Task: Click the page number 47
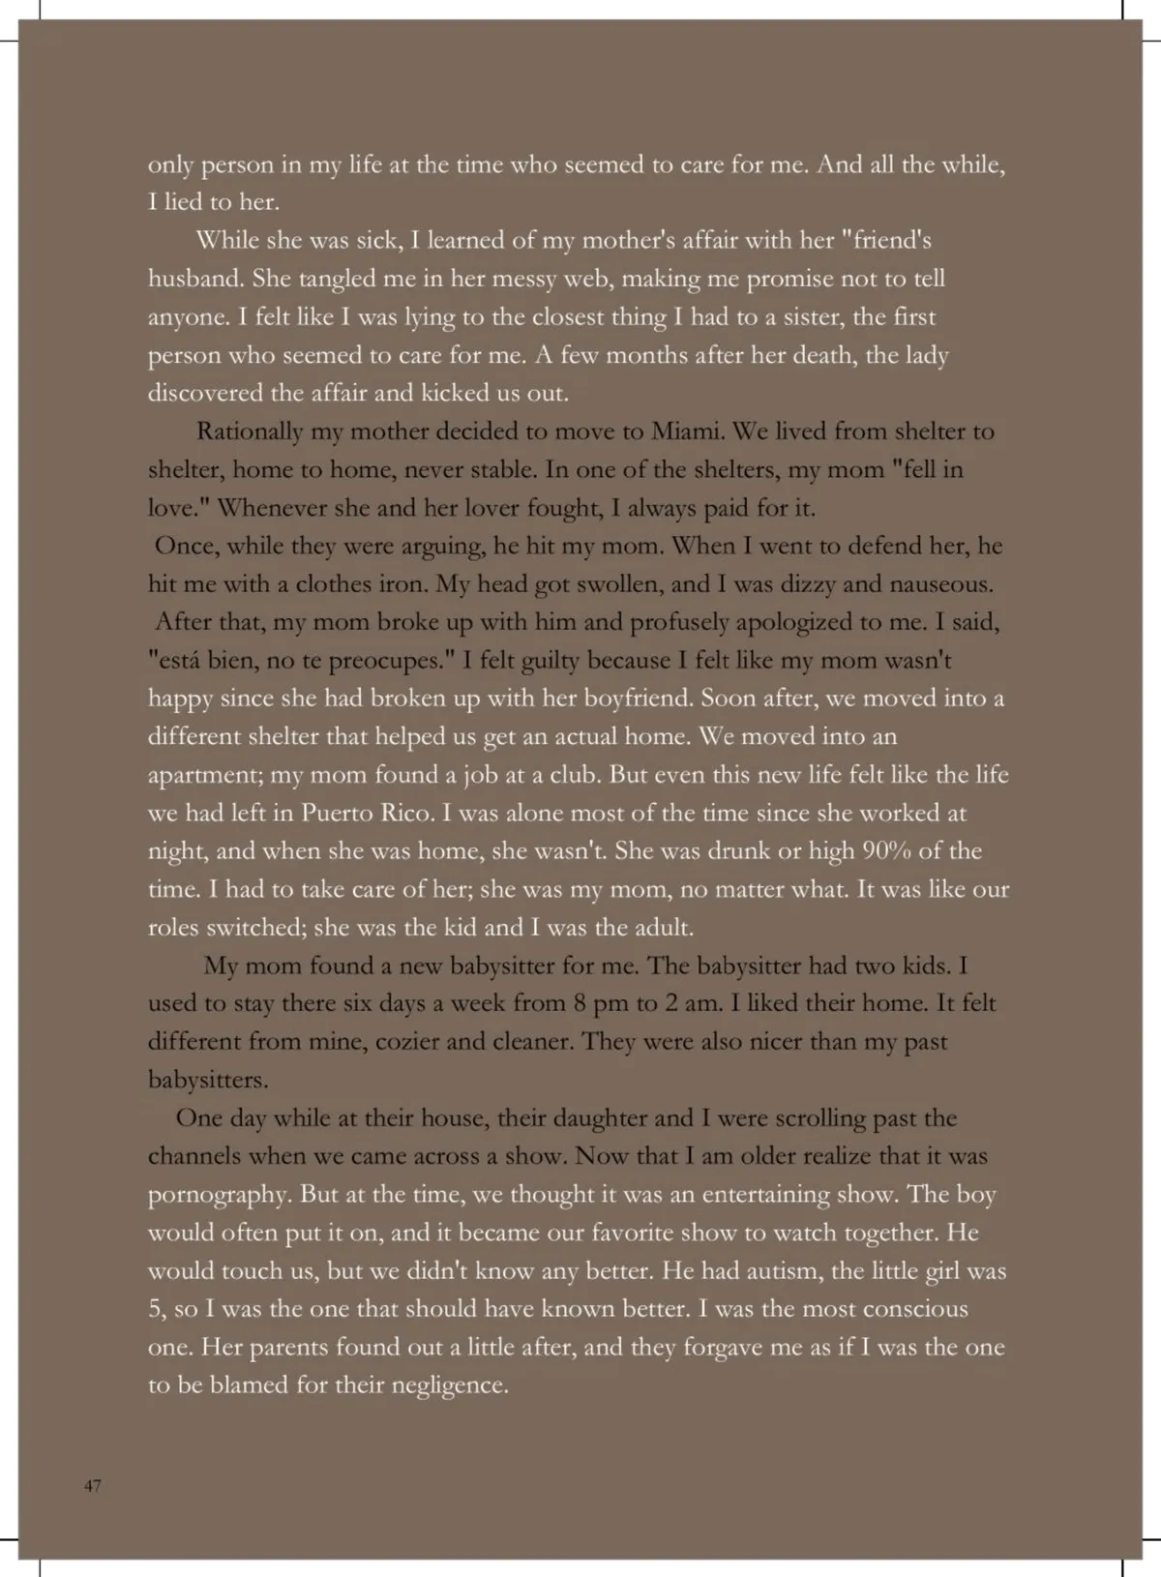pos(93,1486)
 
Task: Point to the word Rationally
pos(250,431)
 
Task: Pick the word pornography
pos(220,1195)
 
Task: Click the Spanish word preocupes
pos(387,661)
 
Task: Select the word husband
pos(195,279)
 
